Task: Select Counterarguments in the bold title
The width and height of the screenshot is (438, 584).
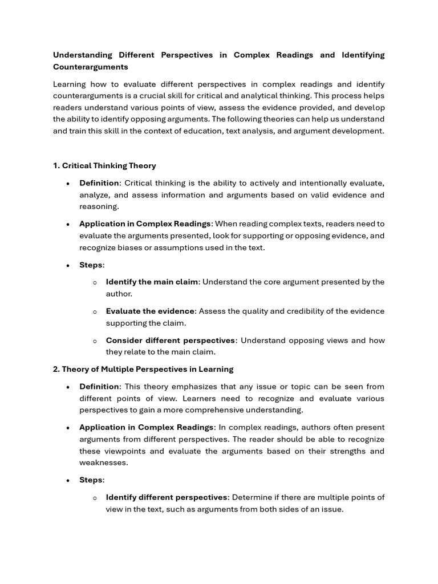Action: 90,67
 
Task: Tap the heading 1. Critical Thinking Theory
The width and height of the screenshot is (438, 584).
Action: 104,165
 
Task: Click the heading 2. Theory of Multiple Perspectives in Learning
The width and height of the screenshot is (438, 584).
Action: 143,369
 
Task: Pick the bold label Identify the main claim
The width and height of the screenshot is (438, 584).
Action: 152,282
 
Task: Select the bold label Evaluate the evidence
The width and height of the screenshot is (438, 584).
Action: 151,311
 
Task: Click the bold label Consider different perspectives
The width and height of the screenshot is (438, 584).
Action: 170,340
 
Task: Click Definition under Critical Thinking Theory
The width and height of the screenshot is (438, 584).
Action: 99,183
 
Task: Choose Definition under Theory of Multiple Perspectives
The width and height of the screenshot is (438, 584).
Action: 99,387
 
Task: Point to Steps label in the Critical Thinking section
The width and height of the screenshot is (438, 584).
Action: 91,265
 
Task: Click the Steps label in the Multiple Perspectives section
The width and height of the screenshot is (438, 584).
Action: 91,480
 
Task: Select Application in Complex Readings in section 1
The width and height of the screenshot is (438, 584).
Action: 145,224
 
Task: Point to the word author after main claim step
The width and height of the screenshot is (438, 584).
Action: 118,294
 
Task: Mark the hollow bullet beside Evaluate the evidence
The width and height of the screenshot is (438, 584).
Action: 95,311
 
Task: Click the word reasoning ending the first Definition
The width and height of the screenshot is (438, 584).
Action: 98,206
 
